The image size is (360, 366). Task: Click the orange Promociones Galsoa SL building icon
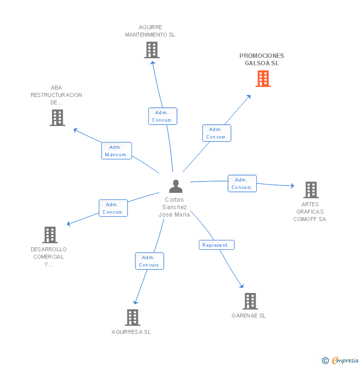click(x=263, y=79)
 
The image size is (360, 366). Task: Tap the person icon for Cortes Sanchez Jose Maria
click(x=176, y=186)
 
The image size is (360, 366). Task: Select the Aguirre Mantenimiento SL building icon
click(x=152, y=50)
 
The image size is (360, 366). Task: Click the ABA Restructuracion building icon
click(x=57, y=118)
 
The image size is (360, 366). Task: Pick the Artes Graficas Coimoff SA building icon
click(x=311, y=190)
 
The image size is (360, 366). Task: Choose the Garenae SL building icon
click(x=250, y=301)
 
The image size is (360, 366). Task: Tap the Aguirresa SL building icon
click(x=133, y=318)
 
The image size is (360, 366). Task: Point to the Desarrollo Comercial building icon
click(x=50, y=235)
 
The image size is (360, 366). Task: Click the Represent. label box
click(x=217, y=245)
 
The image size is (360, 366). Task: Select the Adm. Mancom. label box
click(x=117, y=151)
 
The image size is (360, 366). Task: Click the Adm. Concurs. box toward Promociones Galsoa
click(x=217, y=133)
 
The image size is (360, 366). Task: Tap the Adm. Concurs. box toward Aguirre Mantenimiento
click(x=163, y=116)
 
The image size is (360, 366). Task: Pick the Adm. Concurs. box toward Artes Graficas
click(x=242, y=183)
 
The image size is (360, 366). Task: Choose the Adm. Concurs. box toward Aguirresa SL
click(x=149, y=261)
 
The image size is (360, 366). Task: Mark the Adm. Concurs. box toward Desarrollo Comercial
click(x=113, y=208)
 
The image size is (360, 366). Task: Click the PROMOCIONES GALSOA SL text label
click(x=262, y=59)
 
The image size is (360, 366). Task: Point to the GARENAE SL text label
click(x=249, y=316)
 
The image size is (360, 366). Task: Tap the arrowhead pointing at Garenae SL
click(x=242, y=285)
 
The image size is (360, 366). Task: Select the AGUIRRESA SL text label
click(x=132, y=332)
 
